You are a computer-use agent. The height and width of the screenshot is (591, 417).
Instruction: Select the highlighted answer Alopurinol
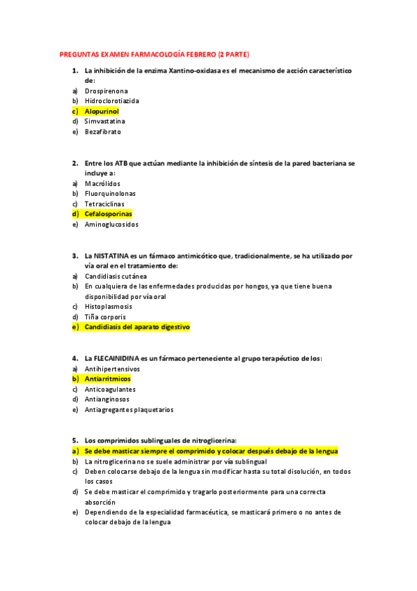[102, 111]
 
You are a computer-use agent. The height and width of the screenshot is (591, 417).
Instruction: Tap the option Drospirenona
[106, 91]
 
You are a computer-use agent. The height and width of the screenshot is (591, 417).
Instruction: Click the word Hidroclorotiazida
[111, 100]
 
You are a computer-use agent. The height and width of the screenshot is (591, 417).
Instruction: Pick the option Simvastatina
[105, 121]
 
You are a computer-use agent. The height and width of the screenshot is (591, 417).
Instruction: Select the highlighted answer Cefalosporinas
[108, 214]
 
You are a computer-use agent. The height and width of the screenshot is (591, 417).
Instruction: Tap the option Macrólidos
[102, 183]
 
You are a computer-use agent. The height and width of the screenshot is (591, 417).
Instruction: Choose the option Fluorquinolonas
[110, 194]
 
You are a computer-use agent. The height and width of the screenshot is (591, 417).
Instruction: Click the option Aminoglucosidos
[111, 224]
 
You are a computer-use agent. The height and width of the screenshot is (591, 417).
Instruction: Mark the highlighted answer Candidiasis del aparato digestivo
[136, 327]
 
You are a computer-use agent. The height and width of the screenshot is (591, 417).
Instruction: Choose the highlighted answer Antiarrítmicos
[107, 378]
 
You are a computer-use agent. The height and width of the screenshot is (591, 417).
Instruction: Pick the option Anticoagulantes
[110, 389]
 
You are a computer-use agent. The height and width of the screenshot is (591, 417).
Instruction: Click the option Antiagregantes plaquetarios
[129, 410]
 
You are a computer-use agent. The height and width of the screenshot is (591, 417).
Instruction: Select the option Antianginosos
[109, 399]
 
